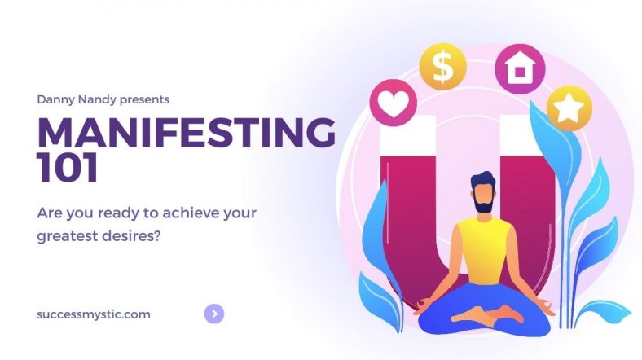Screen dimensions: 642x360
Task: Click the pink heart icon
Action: [393, 103]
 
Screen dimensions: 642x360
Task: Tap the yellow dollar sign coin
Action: [443, 67]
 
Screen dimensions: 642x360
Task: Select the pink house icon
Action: [520, 68]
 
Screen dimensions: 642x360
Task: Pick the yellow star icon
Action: [569, 108]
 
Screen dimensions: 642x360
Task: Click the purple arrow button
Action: [214, 314]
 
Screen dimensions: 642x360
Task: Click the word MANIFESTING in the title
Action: [187, 132]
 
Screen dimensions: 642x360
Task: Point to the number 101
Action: [68, 167]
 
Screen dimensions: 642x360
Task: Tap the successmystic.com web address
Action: [94, 314]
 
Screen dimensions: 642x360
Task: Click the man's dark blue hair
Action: [483, 180]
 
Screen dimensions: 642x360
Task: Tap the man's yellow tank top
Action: [484, 250]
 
